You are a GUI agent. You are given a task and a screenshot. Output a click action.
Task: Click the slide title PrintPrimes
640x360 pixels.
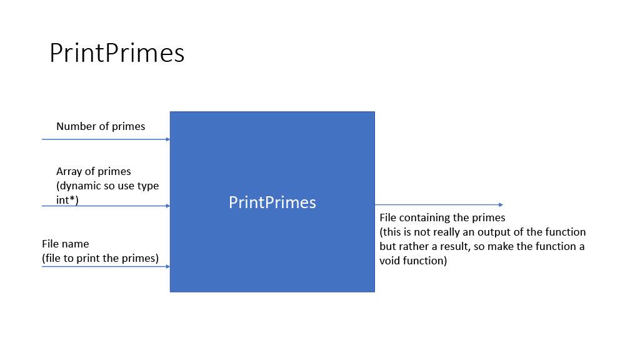(x=117, y=53)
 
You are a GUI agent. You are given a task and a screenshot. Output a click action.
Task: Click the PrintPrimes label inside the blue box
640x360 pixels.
(x=272, y=202)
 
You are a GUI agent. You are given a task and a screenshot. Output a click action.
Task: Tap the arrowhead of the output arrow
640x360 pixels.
(x=501, y=204)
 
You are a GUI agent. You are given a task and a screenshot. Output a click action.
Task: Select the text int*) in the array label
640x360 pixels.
(x=67, y=200)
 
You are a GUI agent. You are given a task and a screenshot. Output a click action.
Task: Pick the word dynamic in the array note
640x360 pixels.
(x=80, y=186)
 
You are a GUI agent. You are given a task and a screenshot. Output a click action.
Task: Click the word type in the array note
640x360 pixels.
(x=147, y=186)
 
